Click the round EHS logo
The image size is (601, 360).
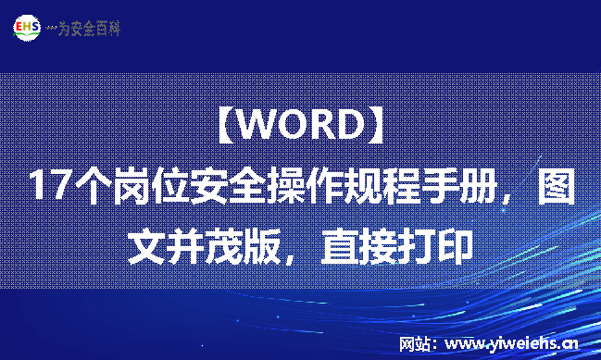[27, 28]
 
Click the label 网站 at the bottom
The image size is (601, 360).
[415, 343]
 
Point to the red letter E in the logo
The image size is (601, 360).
[19, 28]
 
